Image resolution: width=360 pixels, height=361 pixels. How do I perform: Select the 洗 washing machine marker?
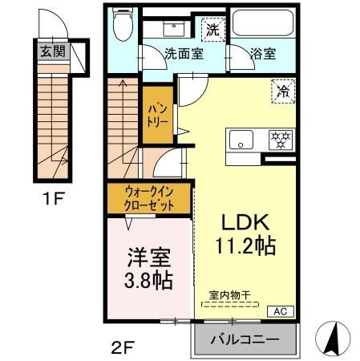212,30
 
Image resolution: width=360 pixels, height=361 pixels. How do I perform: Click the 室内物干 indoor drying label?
229,295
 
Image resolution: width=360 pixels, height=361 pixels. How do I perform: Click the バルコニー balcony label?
245,340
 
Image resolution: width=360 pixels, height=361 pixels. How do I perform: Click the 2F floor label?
119,347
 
